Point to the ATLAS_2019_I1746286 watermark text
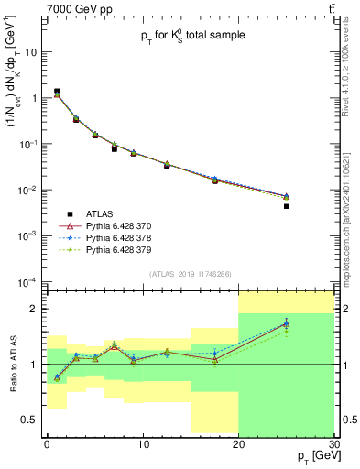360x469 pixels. [189, 273]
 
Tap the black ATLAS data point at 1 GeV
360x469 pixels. [57, 92]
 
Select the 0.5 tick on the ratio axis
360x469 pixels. [34, 420]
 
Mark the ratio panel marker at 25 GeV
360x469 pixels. [287, 323]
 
